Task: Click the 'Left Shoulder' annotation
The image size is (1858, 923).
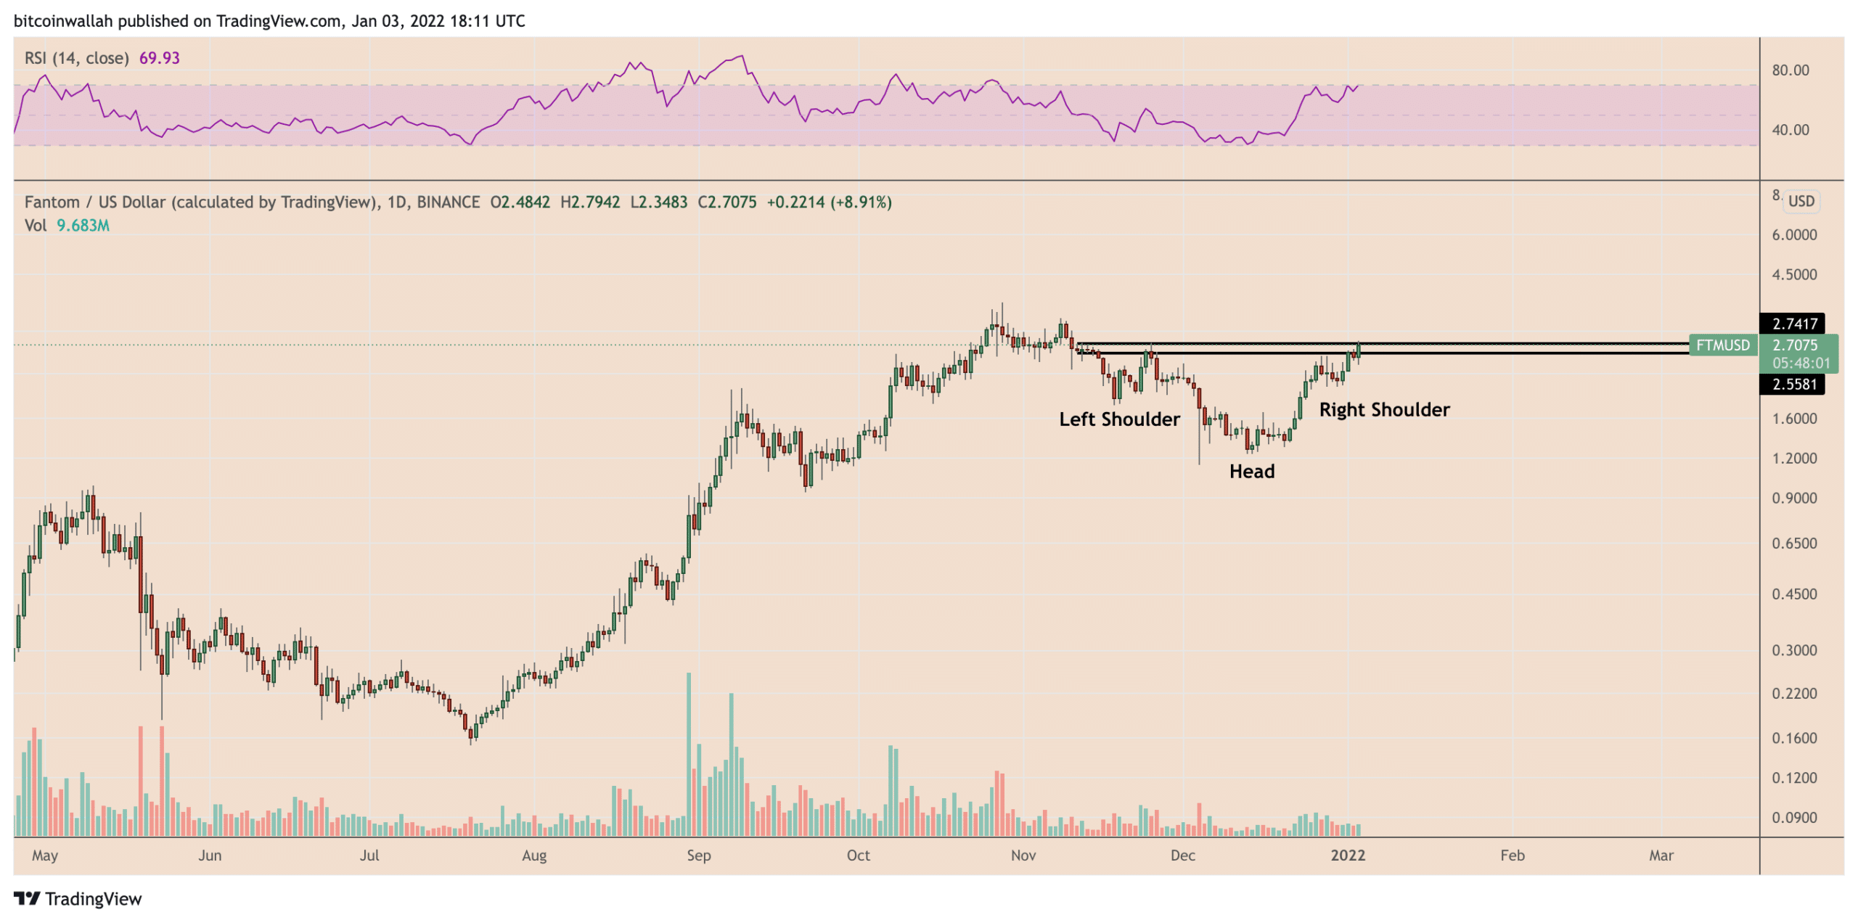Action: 1118,419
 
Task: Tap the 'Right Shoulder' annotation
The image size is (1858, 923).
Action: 1383,409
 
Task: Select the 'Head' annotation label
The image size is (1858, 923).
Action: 1251,471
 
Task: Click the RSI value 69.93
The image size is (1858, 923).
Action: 159,58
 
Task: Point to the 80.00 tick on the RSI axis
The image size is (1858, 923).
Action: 1790,70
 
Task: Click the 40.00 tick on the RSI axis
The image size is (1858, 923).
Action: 1790,130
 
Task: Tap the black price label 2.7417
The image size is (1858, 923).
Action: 1794,324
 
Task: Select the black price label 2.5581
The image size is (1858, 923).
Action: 1794,384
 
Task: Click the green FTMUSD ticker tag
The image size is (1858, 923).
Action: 1722,345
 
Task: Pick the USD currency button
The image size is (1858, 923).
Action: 1801,201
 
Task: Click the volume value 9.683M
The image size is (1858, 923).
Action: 83,226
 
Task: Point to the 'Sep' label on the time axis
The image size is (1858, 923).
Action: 698,855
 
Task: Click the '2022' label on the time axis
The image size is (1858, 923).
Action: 1347,855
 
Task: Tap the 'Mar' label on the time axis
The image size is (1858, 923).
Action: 1661,855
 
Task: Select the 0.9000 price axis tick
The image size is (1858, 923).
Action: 1794,498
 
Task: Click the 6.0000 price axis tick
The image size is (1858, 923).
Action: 1794,234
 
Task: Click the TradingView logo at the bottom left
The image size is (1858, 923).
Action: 78,898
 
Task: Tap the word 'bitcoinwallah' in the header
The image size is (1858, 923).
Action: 63,21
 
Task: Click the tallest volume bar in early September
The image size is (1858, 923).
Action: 688,755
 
